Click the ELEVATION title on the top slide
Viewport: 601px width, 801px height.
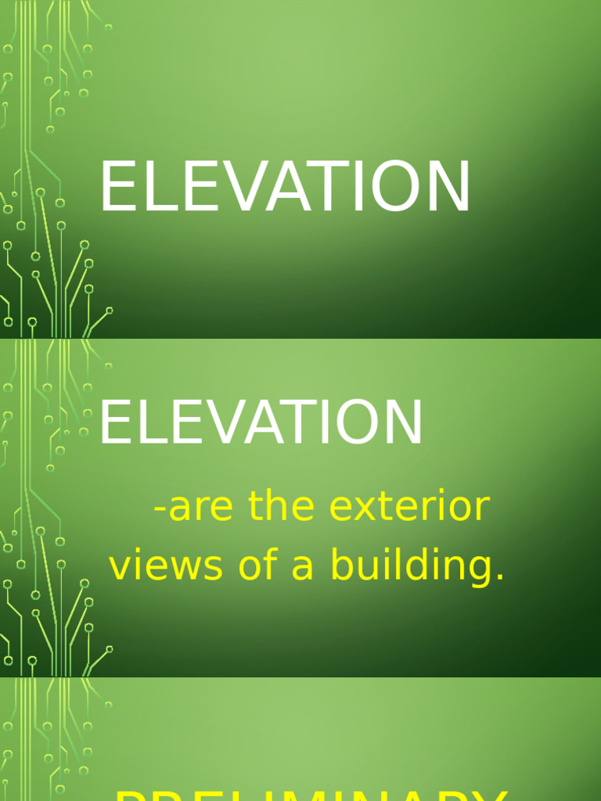(285, 188)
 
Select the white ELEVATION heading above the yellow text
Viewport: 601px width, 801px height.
(261, 423)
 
